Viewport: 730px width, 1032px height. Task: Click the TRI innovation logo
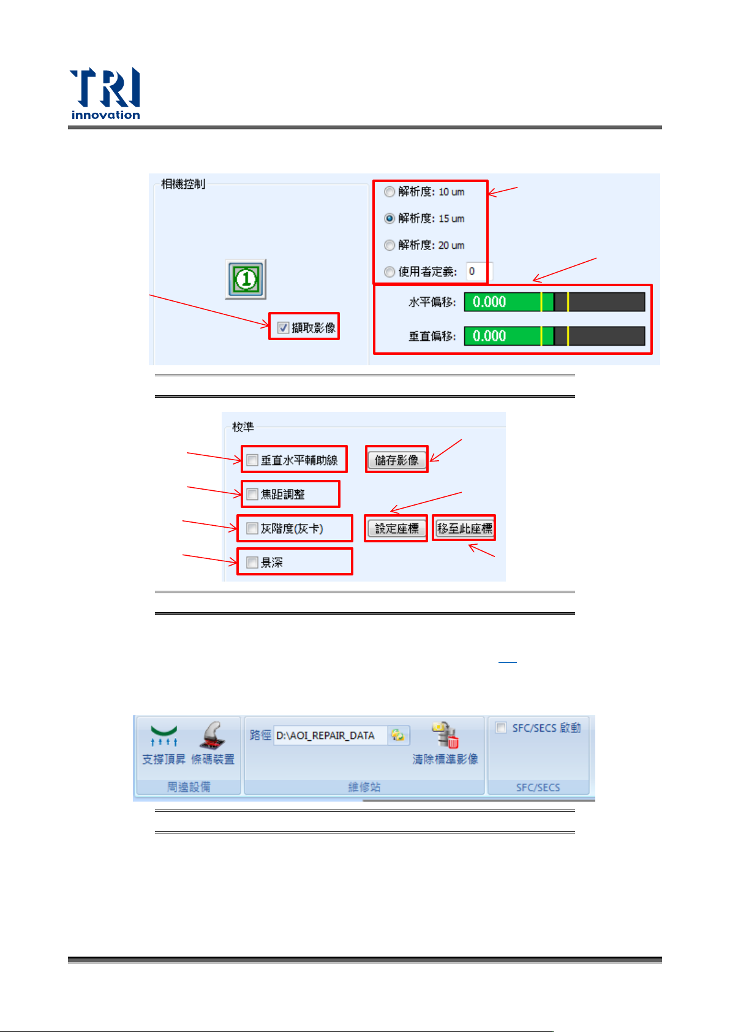[x=105, y=93]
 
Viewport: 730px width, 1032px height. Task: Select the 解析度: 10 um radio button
[x=389, y=192]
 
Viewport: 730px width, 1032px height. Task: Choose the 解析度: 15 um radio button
[x=389, y=218]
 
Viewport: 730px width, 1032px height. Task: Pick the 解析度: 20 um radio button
[x=389, y=245]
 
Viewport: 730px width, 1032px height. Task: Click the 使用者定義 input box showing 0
[x=479, y=271]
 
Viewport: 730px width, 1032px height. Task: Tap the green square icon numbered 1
[x=246, y=279]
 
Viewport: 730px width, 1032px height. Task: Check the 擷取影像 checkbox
[x=284, y=328]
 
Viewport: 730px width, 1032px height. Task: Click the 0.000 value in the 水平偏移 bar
[x=489, y=302]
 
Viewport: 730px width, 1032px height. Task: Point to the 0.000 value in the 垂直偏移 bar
[x=489, y=336]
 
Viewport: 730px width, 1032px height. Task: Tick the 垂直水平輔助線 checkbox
[x=252, y=460]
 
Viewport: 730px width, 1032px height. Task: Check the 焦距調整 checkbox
[x=252, y=495]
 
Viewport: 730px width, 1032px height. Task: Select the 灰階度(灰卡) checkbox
[x=252, y=528]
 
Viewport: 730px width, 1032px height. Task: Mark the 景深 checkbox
[x=252, y=563]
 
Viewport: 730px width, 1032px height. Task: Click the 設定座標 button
[x=396, y=528]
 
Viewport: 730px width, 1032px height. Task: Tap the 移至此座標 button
[x=464, y=528]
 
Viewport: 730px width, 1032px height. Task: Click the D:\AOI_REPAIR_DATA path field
[x=330, y=735]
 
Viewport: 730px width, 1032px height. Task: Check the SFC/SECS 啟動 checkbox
[x=502, y=728]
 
